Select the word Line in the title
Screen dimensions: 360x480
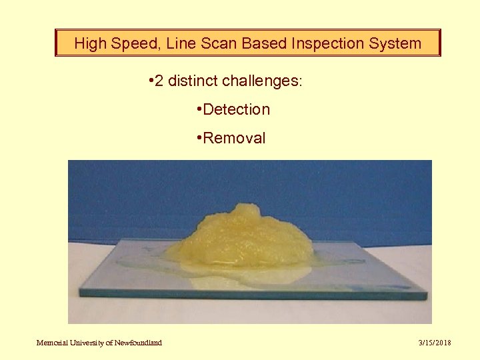(178, 44)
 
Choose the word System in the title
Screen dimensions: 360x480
(396, 44)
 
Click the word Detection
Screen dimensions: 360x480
(237, 109)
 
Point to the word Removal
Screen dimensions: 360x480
(234, 139)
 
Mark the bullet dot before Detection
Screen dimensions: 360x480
(199, 109)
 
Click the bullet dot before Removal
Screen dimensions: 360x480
(199, 139)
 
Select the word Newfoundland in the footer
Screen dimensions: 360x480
(137, 343)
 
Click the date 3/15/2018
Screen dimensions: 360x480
(435, 343)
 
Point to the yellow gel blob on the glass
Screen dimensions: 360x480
(247, 236)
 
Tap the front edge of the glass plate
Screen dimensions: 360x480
(253, 294)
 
